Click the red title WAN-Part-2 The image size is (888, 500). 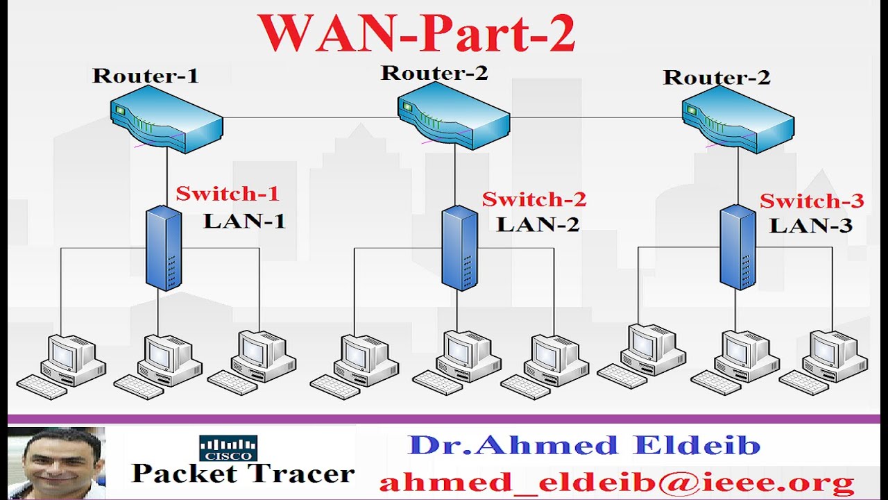click(x=416, y=33)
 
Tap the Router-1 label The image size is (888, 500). click(x=145, y=75)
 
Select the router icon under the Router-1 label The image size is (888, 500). click(x=166, y=124)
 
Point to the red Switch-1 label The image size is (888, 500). click(x=227, y=194)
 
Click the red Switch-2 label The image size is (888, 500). click(x=534, y=200)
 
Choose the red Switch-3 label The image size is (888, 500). click(x=812, y=201)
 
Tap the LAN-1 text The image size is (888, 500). click(x=244, y=222)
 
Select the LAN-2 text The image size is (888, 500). click(x=538, y=224)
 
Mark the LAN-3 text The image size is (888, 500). click(x=811, y=226)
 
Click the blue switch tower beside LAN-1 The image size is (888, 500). click(x=164, y=248)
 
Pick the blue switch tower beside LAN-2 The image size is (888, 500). click(x=459, y=248)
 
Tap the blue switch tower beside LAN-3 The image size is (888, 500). click(x=737, y=247)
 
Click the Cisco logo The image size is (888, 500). click(x=228, y=449)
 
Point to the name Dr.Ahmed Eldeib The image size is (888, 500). click(x=584, y=445)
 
